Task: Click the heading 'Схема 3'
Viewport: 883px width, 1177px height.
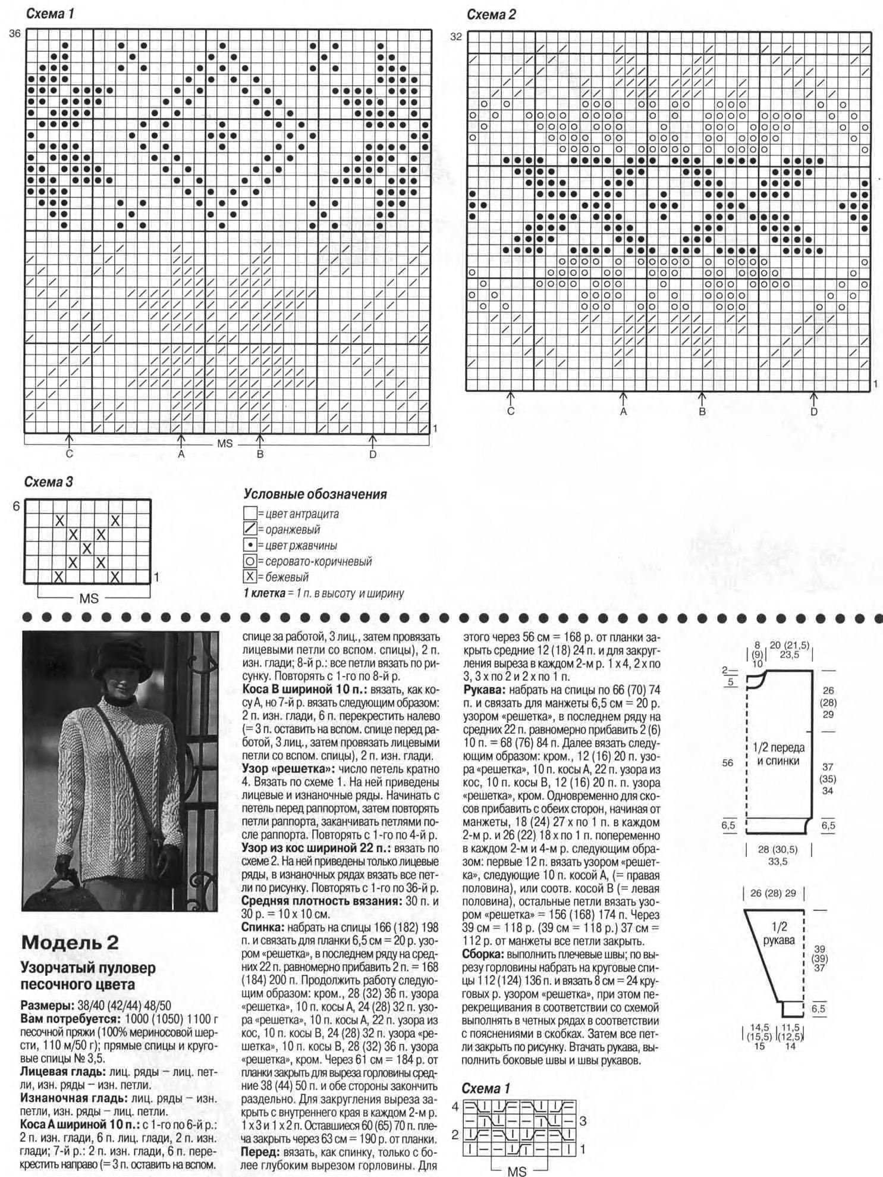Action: (48, 482)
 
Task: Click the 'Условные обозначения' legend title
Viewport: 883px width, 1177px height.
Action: (315, 494)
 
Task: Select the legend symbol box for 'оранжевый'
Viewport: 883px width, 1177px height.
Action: (250, 529)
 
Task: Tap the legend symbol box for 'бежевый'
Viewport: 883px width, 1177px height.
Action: (250, 576)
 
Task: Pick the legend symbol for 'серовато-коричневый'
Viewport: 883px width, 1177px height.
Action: (250, 561)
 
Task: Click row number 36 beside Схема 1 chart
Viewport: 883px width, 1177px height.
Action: (15, 34)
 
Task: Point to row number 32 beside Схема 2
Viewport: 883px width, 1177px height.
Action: (455, 37)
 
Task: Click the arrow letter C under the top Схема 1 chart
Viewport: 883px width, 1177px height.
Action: (70, 455)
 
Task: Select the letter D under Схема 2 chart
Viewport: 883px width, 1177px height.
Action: (813, 411)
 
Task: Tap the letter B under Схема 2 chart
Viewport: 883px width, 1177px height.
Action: (702, 411)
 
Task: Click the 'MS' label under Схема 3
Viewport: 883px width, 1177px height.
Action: (89, 599)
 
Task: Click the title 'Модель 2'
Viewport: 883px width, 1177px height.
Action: (70, 943)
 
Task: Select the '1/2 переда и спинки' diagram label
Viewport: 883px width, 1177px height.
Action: (778, 754)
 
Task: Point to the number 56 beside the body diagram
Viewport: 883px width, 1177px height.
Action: (728, 762)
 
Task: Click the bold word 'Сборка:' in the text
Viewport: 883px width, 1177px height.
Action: (484, 953)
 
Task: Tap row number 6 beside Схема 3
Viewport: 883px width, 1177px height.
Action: (16, 506)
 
